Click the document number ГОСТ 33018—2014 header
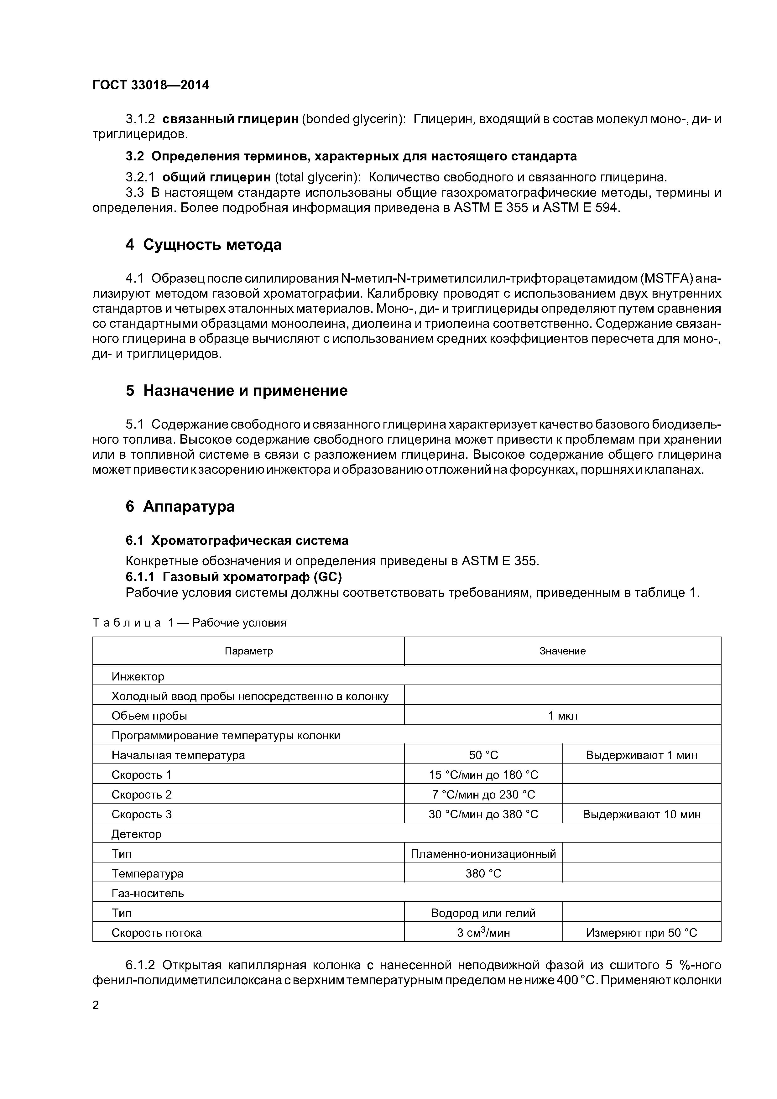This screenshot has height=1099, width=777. (x=151, y=85)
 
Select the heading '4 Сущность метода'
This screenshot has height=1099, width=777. (x=203, y=245)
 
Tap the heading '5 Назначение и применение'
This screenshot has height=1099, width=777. (x=237, y=391)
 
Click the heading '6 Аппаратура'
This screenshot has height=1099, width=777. (x=180, y=506)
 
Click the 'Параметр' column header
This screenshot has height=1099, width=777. (x=248, y=651)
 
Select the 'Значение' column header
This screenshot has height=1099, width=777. (x=562, y=651)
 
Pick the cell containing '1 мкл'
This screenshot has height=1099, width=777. (x=562, y=716)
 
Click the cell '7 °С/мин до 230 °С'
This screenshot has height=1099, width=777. (x=483, y=794)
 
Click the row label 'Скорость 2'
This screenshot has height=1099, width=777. (x=141, y=794)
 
